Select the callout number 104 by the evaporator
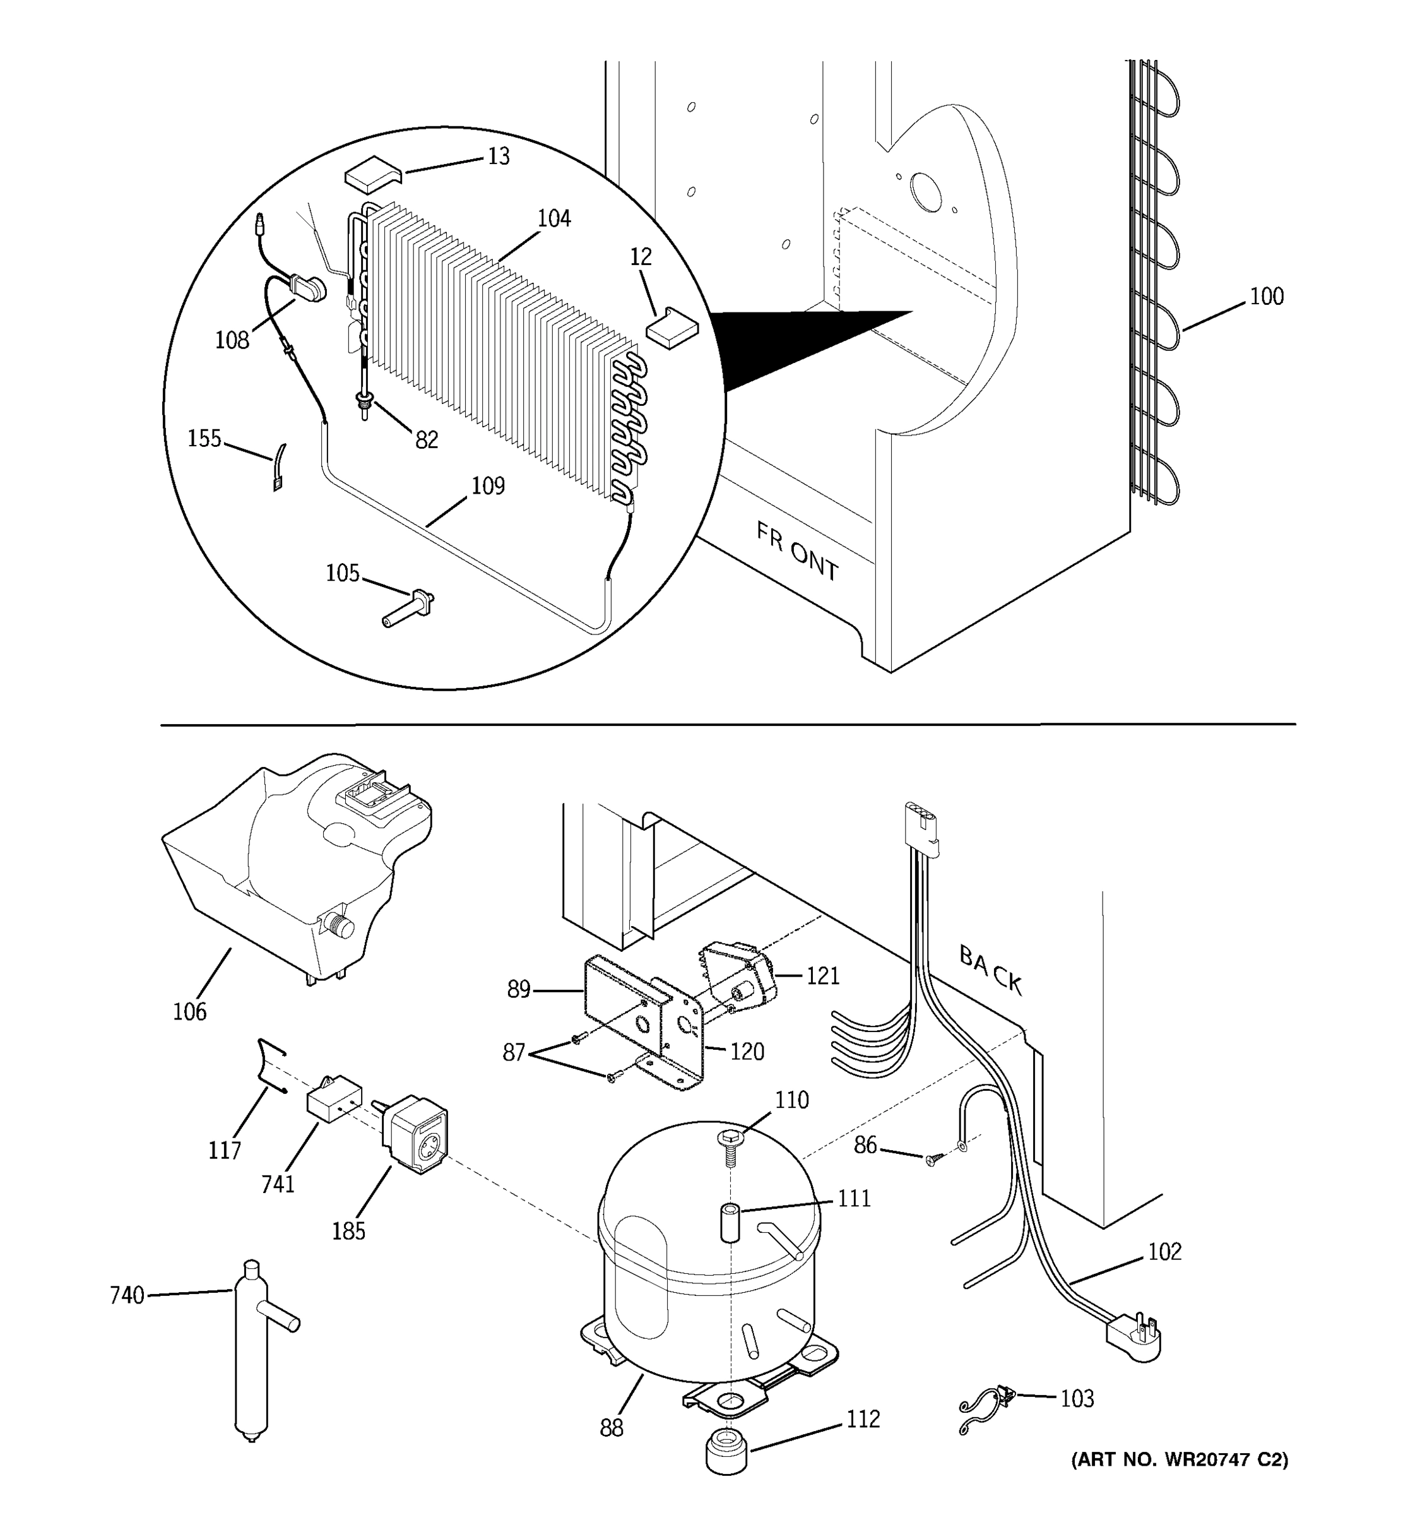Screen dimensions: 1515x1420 pos(554,218)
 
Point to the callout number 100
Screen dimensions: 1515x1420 pos(1266,297)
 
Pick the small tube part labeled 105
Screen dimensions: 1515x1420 pos(408,610)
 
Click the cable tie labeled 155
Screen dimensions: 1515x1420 pos(279,467)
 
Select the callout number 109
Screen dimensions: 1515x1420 pos(488,485)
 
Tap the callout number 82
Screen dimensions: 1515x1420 pos(427,440)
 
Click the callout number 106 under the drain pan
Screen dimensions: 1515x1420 pos(190,1011)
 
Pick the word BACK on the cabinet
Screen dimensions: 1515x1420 pos(990,970)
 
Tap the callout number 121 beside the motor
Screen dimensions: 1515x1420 pos(823,975)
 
